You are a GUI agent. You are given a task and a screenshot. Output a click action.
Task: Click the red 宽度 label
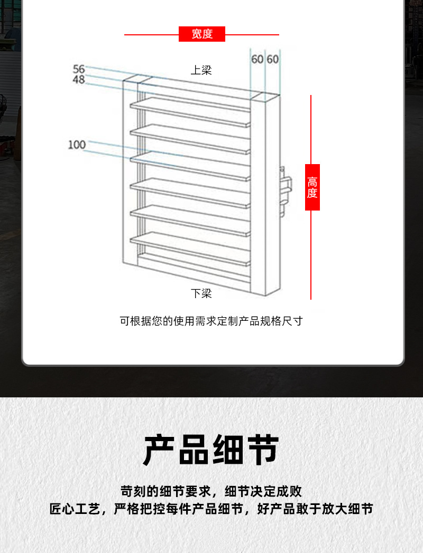[202, 34]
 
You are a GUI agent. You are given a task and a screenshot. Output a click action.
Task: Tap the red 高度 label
[312, 187]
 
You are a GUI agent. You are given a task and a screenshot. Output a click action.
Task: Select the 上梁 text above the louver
[201, 70]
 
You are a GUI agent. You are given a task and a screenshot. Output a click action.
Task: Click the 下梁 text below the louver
[201, 293]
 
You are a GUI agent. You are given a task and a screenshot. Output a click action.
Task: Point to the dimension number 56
[79, 69]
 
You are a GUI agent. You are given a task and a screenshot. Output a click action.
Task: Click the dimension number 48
[79, 80]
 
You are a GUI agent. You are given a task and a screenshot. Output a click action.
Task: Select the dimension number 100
[77, 145]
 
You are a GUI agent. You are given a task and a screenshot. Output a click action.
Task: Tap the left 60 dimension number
[257, 59]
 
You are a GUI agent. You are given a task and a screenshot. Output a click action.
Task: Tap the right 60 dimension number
[272, 59]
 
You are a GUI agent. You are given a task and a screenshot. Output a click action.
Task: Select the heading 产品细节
[211, 450]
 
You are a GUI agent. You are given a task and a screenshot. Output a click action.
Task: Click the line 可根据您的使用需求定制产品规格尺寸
[211, 321]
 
